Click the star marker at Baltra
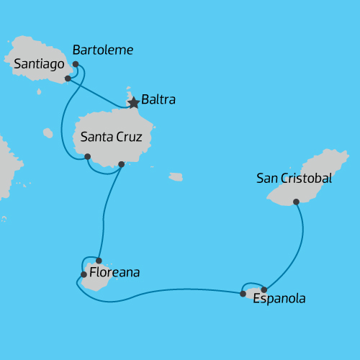click(133, 103)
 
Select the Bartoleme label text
click(103, 50)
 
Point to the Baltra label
click(159, 99)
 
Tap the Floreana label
click(114, 273)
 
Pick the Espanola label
click(279, 298)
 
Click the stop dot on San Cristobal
click(296, 202)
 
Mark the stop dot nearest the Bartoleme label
click(76, 64)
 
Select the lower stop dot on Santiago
click(67, 78)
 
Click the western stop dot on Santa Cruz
click(87, 156)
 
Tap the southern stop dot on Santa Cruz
click(121, 164)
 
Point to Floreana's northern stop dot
click(99, 261)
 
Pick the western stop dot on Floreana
click(84, 274)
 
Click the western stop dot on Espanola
click(243, 294)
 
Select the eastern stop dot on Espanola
click(264, 289)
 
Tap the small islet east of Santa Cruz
click(176, 176)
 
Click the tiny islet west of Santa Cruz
click(48, 132)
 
